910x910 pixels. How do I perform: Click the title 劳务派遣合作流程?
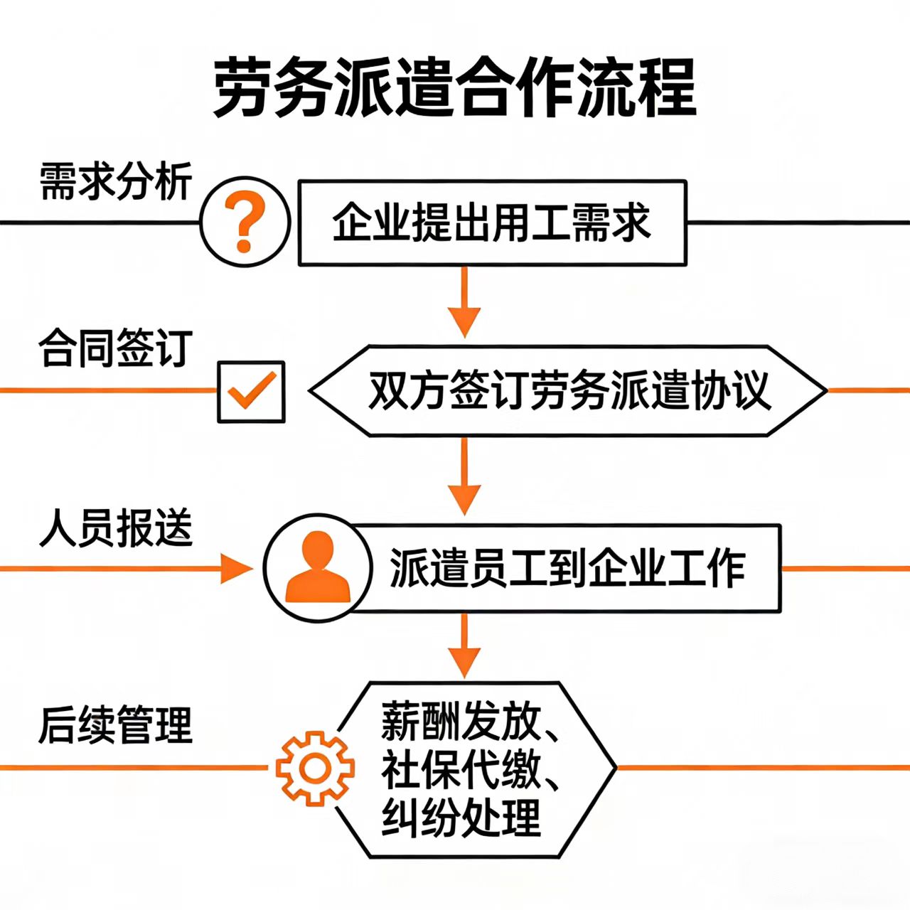[x=455, y=88]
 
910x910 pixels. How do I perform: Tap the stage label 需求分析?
[x=115, y=182]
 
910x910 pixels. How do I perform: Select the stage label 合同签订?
[x=115, y=348]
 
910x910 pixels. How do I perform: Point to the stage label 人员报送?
[x=115, y=528]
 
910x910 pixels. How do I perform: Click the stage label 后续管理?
[x=115, y=725]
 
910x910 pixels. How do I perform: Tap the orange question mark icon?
[x=245, y=222]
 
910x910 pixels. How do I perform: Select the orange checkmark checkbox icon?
[x=251, y=392]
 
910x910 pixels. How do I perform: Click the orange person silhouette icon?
[x=317, y=569]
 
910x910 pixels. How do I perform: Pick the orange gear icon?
[x=315, y=768]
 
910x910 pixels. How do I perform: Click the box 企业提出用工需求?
[x=492, y=223]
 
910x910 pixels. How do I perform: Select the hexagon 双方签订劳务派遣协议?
[x=567, y=391]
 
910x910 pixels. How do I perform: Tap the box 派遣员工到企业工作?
[x=566, y=569]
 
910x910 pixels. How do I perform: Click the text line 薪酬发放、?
[x=469, y=722]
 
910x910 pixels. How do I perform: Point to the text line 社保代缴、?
[x=469, y=769]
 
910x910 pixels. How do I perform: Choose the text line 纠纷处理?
[x=461, y=818]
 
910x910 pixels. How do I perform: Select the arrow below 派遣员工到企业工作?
[x=464, y=647]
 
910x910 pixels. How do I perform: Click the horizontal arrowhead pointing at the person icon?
[x=236, y=569]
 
